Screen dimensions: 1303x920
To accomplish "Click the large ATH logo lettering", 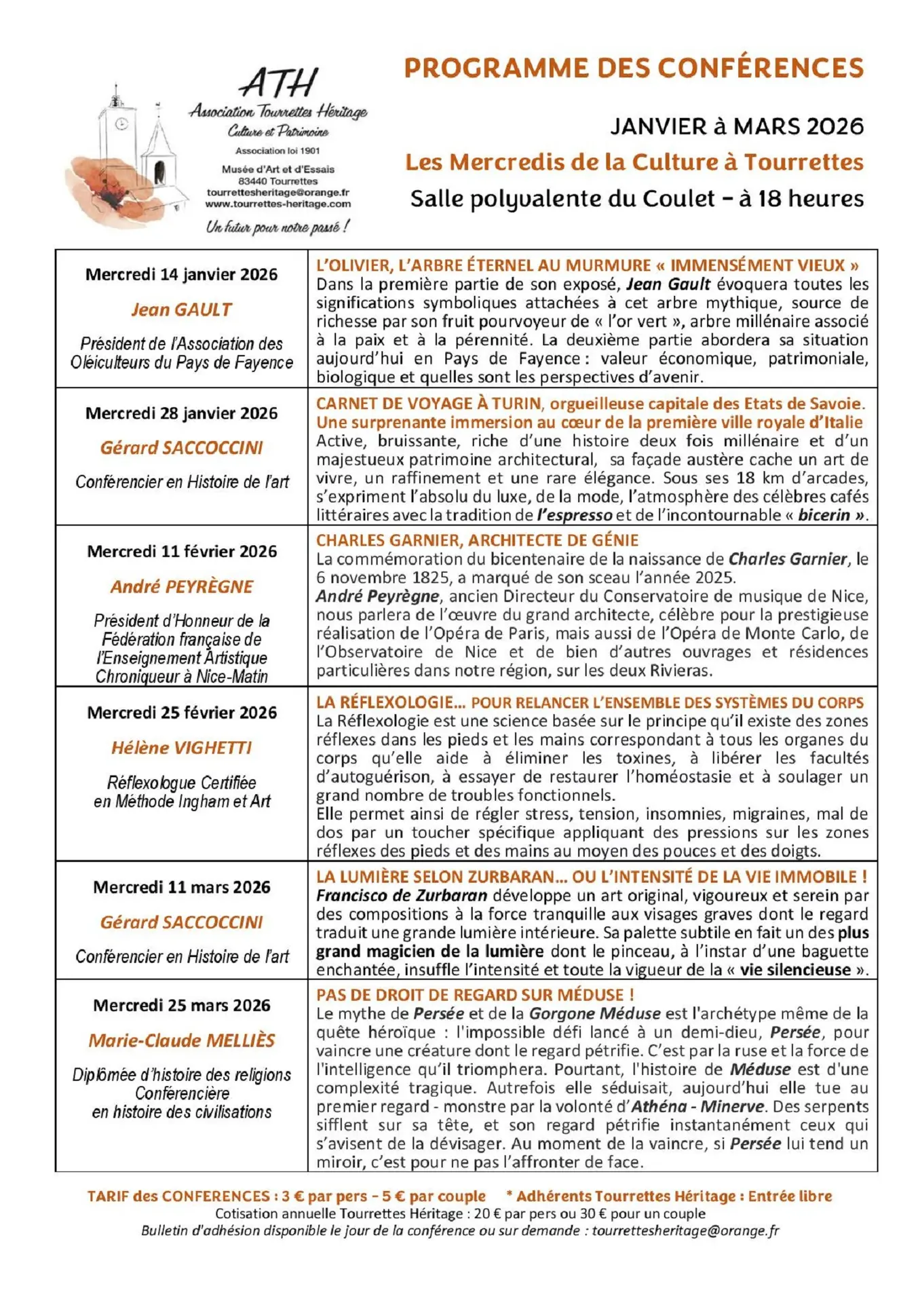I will (279, 83).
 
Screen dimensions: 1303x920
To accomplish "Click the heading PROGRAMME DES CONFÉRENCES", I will (634, 69).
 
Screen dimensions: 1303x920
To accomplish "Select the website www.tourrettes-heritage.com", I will (277, 204).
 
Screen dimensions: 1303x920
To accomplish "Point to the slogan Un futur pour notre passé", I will (277, 227).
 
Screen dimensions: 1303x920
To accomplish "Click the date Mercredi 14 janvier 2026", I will (181, 275).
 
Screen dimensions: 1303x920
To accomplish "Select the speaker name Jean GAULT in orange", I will (181, 309).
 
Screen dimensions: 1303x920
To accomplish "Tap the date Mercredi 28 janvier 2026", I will (181, 413).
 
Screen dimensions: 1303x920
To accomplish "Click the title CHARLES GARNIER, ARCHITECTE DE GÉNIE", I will (477, 540).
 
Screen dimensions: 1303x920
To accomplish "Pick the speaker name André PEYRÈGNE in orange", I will (181, 586).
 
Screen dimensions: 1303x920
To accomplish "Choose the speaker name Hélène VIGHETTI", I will (181, 748).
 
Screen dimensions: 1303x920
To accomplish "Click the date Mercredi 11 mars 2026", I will (181, 887).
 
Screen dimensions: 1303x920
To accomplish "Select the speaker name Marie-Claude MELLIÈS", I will (181, 1040).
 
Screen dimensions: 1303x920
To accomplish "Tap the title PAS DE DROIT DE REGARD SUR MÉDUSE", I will (475, 995).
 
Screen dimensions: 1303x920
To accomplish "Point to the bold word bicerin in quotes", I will (824, 515).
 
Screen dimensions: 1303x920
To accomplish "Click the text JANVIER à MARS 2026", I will (737, 127).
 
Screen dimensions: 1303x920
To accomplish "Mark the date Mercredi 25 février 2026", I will (181, 713).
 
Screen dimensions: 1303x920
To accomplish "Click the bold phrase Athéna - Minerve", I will (697, 1106).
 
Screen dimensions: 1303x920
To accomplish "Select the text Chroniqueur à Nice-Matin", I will (181, 677).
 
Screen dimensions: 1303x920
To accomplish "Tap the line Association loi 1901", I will (277, 151).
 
